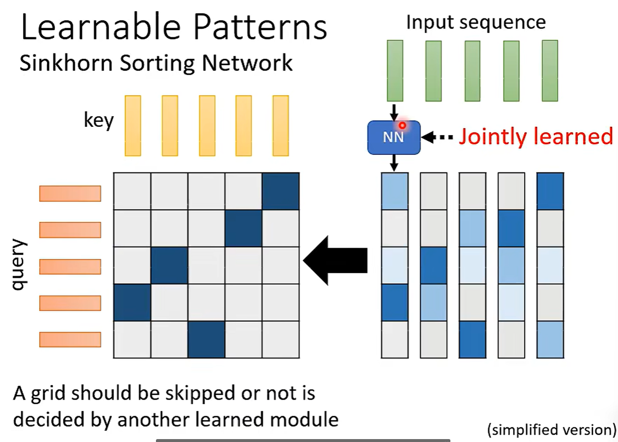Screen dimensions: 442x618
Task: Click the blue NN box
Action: click(394, 137)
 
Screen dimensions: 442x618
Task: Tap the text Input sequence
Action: click(476, 22)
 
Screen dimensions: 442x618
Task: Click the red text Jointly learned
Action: click(536, 136)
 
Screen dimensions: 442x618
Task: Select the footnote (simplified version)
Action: click(551, 429)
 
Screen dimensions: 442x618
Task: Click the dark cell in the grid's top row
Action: click(280, 191)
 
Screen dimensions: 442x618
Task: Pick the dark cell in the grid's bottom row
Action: click(206, 340)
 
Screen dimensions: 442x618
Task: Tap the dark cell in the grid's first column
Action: click(132, 303)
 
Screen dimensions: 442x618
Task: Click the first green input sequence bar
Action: click(395, 70)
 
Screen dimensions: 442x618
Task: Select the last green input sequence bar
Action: click(550, 70)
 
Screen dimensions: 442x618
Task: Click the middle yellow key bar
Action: click(207, 125)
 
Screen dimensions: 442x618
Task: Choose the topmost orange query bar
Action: click(70, 193)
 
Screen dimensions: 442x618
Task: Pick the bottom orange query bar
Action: click(70, 339)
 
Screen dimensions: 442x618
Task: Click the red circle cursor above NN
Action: click(402, 125)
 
